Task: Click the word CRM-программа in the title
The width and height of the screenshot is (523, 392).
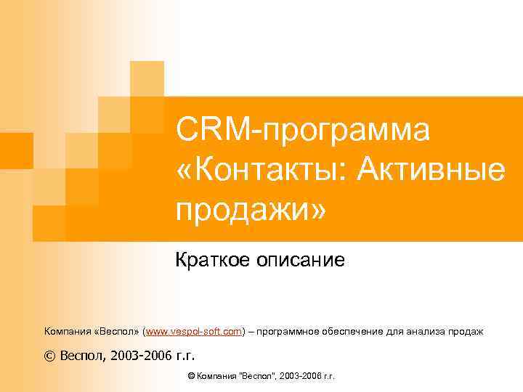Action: pyautogui.click(x=302, y=131)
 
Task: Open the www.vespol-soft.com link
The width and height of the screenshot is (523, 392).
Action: pyautogui.click(x=194, y=332)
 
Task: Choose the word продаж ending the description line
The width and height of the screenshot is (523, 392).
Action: pyautogui.click(x=468, y=332)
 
